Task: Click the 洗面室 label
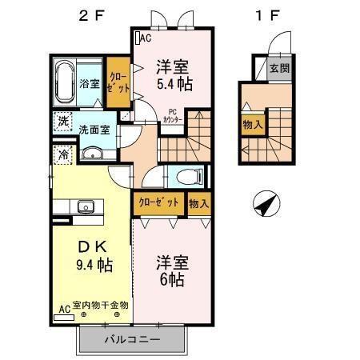click(x=93, y=128)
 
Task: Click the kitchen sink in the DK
click(x=84, y=209)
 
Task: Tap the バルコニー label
click(x=133, y=341)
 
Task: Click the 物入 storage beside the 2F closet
click(x=198, y=203)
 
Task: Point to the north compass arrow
click(x=265, y=206)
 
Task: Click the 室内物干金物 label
click(x=101, y=305)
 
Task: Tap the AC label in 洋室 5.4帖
click(x=146, y=38)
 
